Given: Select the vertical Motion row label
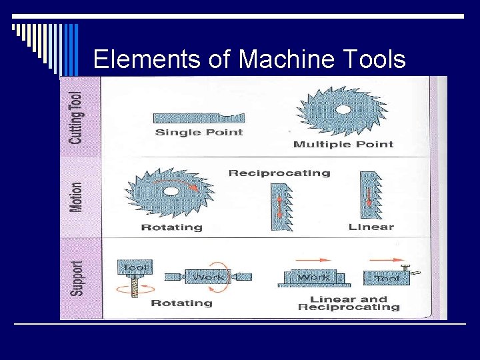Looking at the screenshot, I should pos(77,197).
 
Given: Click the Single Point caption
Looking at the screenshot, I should pos(199,132).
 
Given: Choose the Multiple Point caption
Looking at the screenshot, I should pos(343,144).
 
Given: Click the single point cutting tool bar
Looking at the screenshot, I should pos(198,118).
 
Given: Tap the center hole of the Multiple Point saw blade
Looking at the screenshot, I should pos(343,109).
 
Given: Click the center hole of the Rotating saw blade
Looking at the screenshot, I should pos(170,191).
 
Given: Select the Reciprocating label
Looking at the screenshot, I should pos(279,173).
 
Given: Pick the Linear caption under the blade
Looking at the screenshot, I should pos(371,227).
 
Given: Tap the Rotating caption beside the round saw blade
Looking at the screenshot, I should pos(171,227).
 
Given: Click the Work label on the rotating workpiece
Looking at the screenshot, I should pos(207,276).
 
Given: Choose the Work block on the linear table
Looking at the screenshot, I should pos(313,277).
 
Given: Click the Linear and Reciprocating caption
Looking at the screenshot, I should pos(349,303).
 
